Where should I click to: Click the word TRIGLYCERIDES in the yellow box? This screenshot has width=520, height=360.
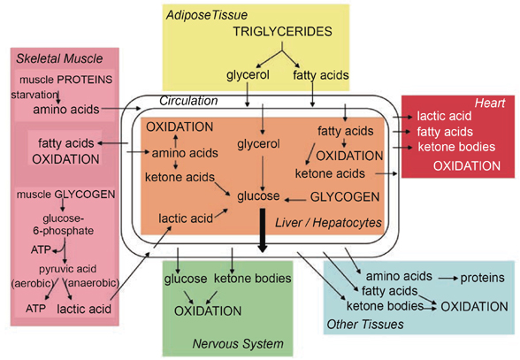pyautogui.click(x=282, y=32)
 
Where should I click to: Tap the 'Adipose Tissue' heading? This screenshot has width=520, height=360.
pyautogui.click(x=207, y=15)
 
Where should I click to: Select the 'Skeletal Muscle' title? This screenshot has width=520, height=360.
pyautogui.click(x=59, y=58)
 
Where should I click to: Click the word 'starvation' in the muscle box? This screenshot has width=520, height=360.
pyautogui.click(x=34, y=95)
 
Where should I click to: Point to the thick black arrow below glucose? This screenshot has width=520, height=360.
pyautogui.click(x=263, y=230)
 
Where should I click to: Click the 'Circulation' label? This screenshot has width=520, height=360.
pyautogui.click(x=188, y=101)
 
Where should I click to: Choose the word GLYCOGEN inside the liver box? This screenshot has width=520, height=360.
pyautogui.click(x=345, y=197)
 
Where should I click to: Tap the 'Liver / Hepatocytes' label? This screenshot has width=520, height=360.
pyautogui.click(x=328, y=223)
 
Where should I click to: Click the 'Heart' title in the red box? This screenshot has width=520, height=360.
pyautogui.click(x=490, y=103)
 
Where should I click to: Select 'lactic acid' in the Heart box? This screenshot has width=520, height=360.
pyautogui.click(x=444, y=116)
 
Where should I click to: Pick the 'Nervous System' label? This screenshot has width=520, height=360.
pyautogui.click(x=238, y=344)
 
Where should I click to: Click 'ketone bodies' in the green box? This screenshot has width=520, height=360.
pyautogui.click(x=252, y=279)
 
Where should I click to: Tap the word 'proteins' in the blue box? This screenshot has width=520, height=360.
pyautogui.click(x=482, y=278)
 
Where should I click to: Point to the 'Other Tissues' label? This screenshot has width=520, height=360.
pyautogui.click(x=365, y=324)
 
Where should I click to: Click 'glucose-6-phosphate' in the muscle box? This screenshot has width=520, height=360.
pyautogui.click(x=63, y=225)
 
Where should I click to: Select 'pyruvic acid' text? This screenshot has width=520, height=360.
pyautogui.click(x=67, y=269)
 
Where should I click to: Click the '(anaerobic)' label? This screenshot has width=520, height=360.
pyautogui.click(x=92, y=283)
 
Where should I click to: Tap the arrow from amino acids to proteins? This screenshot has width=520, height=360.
pyautogui.click(x=447, y=278)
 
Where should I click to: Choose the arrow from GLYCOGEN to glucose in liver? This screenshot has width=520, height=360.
pyautogui.click(x=295, y=200)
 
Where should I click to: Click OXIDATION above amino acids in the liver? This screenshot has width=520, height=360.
pyautogui.click(x=180, y=127)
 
